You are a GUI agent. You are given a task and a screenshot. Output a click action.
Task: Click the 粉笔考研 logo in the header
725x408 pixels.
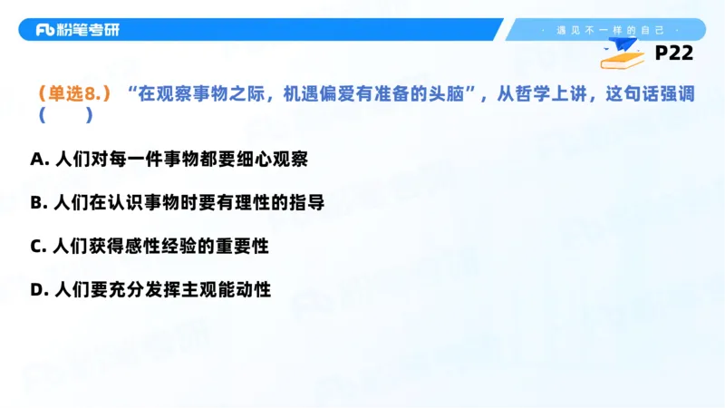click(x=77, y=30)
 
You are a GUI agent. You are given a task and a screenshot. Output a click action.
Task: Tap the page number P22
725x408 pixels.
click(x=673, y=53)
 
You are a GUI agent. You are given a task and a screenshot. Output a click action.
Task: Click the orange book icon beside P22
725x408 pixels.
click(x=624, y=59)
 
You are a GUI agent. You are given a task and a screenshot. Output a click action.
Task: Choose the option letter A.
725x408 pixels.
click(x=37, y=160)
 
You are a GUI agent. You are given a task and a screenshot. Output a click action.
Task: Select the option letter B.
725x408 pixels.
click(x=37, y=203)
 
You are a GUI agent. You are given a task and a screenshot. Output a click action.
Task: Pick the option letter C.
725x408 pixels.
click(x=37, y=247)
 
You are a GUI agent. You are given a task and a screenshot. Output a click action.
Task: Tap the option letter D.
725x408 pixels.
click(x=37, y=290)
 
